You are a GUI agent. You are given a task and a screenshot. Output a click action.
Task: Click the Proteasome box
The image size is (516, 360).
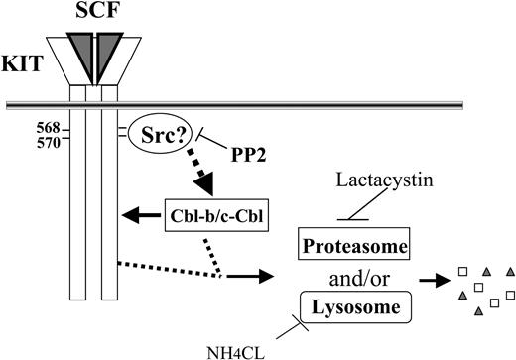coord(344,244)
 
